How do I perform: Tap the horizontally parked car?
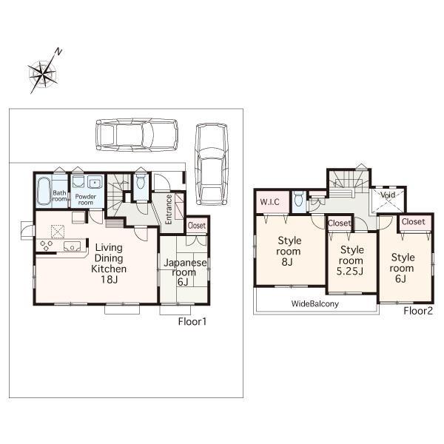(136, 135)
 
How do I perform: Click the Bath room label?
(60, 197)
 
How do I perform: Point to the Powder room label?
(85, 198)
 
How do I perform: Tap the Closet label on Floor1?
(197, 226)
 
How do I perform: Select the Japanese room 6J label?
(184, 272)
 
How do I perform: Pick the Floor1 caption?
(192, 322)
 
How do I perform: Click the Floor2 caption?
(418, 311)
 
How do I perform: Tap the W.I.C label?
(268, 201)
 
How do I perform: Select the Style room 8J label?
(289, 250)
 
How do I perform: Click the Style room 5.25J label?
(351, 260)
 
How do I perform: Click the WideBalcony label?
(314, 303)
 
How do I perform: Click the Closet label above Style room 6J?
(413, 221)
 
